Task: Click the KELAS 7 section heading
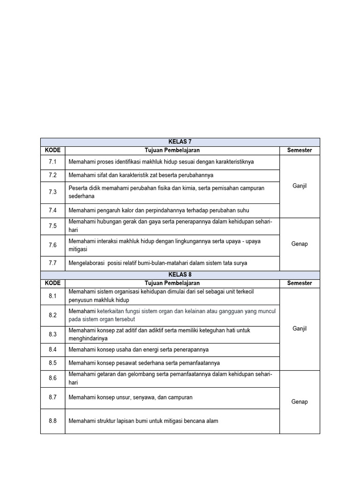180,142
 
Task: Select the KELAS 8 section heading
180,275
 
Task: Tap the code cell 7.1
52,162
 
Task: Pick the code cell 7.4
52,210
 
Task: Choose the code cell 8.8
52,421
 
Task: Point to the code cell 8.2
52,315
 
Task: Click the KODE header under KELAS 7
52,150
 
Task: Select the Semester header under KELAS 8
300,283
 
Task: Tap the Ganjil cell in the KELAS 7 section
300,186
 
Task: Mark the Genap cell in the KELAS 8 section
300,402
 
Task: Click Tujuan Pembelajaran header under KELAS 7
172,150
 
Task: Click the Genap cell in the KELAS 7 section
300,244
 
